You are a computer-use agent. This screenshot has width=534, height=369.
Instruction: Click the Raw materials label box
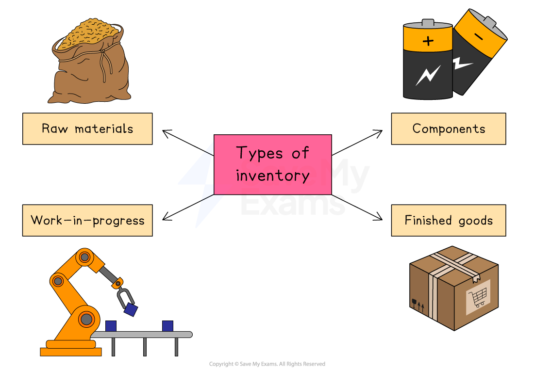coord(87,129)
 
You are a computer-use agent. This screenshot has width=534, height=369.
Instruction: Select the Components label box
coord(449,129)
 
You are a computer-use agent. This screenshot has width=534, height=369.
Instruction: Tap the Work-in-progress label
coord(87,221)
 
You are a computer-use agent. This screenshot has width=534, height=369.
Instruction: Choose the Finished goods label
coord(449,221)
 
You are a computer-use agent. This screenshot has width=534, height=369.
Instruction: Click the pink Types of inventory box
coord(272,164)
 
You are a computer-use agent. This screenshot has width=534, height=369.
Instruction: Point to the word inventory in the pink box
coord(272,176)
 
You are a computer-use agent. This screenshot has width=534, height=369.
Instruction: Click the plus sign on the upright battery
coord(428,41)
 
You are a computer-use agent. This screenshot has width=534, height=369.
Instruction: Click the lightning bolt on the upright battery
coord(428,76)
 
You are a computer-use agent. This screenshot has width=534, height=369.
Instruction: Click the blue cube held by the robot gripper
coord(131,309)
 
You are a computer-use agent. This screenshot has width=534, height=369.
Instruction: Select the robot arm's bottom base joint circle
coord(86,319)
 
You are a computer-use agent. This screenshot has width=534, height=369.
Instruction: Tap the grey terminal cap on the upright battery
coord(428,23)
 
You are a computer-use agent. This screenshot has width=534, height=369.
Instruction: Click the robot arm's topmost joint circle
coord(84,257)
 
